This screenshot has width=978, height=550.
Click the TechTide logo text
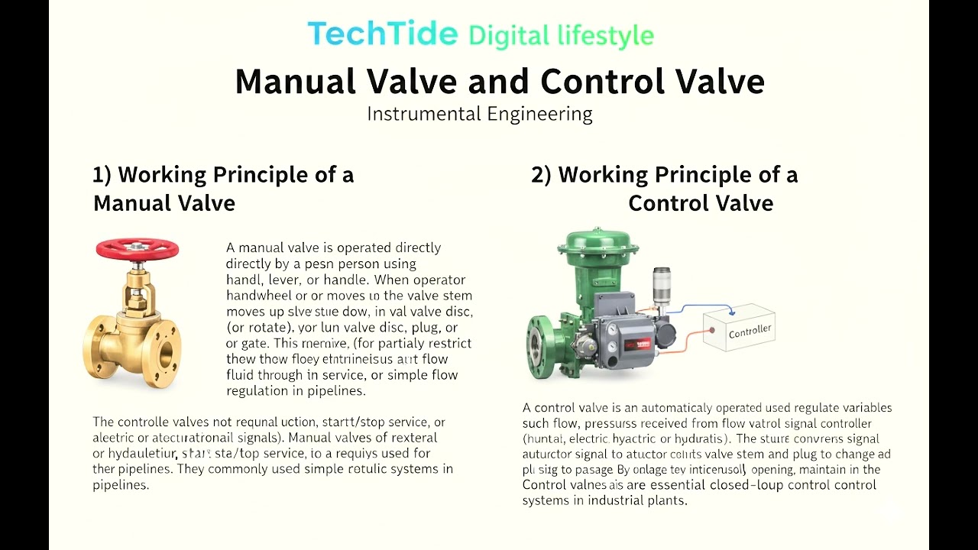[x=382, y=34]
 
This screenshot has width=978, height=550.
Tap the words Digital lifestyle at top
[x=561, y=36]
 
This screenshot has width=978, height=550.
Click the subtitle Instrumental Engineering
[x=479, y=115]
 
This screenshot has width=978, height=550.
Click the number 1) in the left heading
[x=102, y=175]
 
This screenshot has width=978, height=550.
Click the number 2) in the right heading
[x=541, y=175]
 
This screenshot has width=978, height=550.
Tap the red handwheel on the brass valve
[x=138, y=249]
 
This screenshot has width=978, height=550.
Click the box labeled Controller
[x=739, y=329]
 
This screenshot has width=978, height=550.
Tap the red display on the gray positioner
[x=639, y=343]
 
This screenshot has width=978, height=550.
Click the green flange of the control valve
[x=539, y=348]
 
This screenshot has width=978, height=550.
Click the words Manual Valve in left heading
[x=164, y=203]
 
